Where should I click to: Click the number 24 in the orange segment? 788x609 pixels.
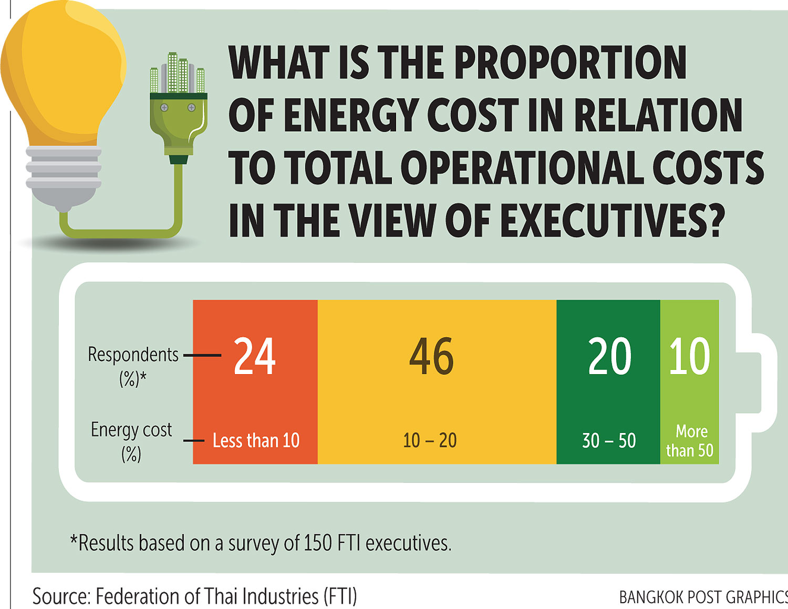click(x=254, y=356)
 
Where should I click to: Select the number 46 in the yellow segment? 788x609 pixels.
click(x=431, y=356)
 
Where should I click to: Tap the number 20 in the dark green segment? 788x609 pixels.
click(x=609, y=356)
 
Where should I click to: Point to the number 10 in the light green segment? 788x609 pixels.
click(x=689, y=356)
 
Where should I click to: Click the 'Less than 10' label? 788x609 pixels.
click(x=256, y=440)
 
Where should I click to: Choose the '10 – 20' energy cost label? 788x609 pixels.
click(x=430, y=440)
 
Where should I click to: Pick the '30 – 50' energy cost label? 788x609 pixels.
click(x=609, y=440)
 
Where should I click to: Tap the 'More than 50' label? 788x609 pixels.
click(x=690, y=441)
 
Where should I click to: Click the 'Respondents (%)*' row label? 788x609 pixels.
click(x=133, y=365)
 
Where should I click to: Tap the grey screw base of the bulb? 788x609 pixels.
click(x=64, y=173)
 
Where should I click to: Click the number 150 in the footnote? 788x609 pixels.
click(x=317, y=543)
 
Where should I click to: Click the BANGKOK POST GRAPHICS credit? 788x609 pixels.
click(x=703, y=597)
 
